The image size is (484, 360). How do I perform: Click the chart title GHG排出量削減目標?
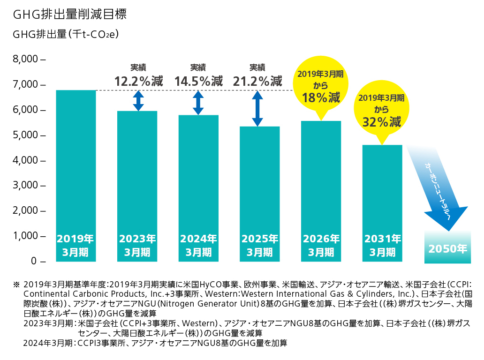pos(70,15)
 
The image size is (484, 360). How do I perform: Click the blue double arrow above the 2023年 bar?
pos(138,100)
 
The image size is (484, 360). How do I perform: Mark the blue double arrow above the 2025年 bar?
pos(257,108)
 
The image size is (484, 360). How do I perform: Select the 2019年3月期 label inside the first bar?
pos(76,245)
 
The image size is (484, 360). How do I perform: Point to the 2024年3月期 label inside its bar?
pos(198,245)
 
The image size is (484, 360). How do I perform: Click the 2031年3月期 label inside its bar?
pos(382,245)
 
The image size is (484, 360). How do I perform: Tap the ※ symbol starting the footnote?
pos(16,284)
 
